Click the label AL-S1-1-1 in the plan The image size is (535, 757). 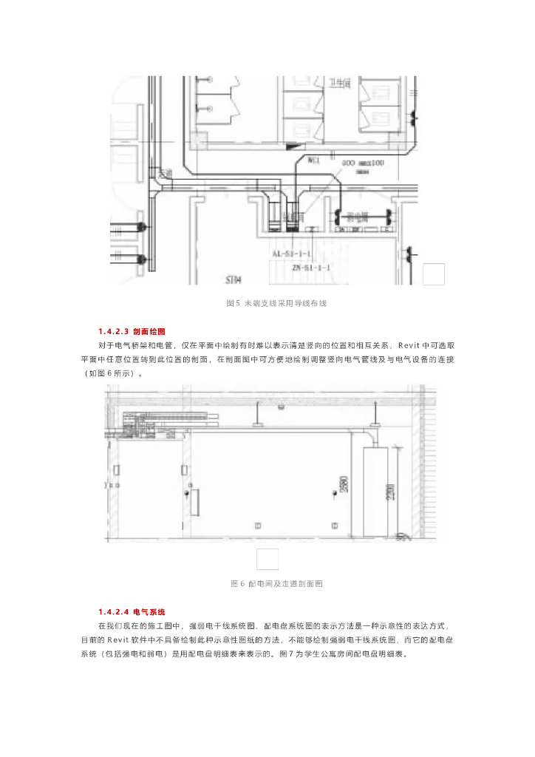click(x=291, y=254)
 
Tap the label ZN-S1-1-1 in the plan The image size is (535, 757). click(x=311, y=267)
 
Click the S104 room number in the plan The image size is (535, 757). click(x=234, y=280)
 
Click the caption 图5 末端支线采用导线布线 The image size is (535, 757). click(x=276, y=303)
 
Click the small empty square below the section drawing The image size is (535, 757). click(x=267, y=560)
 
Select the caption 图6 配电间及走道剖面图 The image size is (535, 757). click(x=276, y=584)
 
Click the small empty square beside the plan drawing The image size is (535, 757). click(x=434, y=274)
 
